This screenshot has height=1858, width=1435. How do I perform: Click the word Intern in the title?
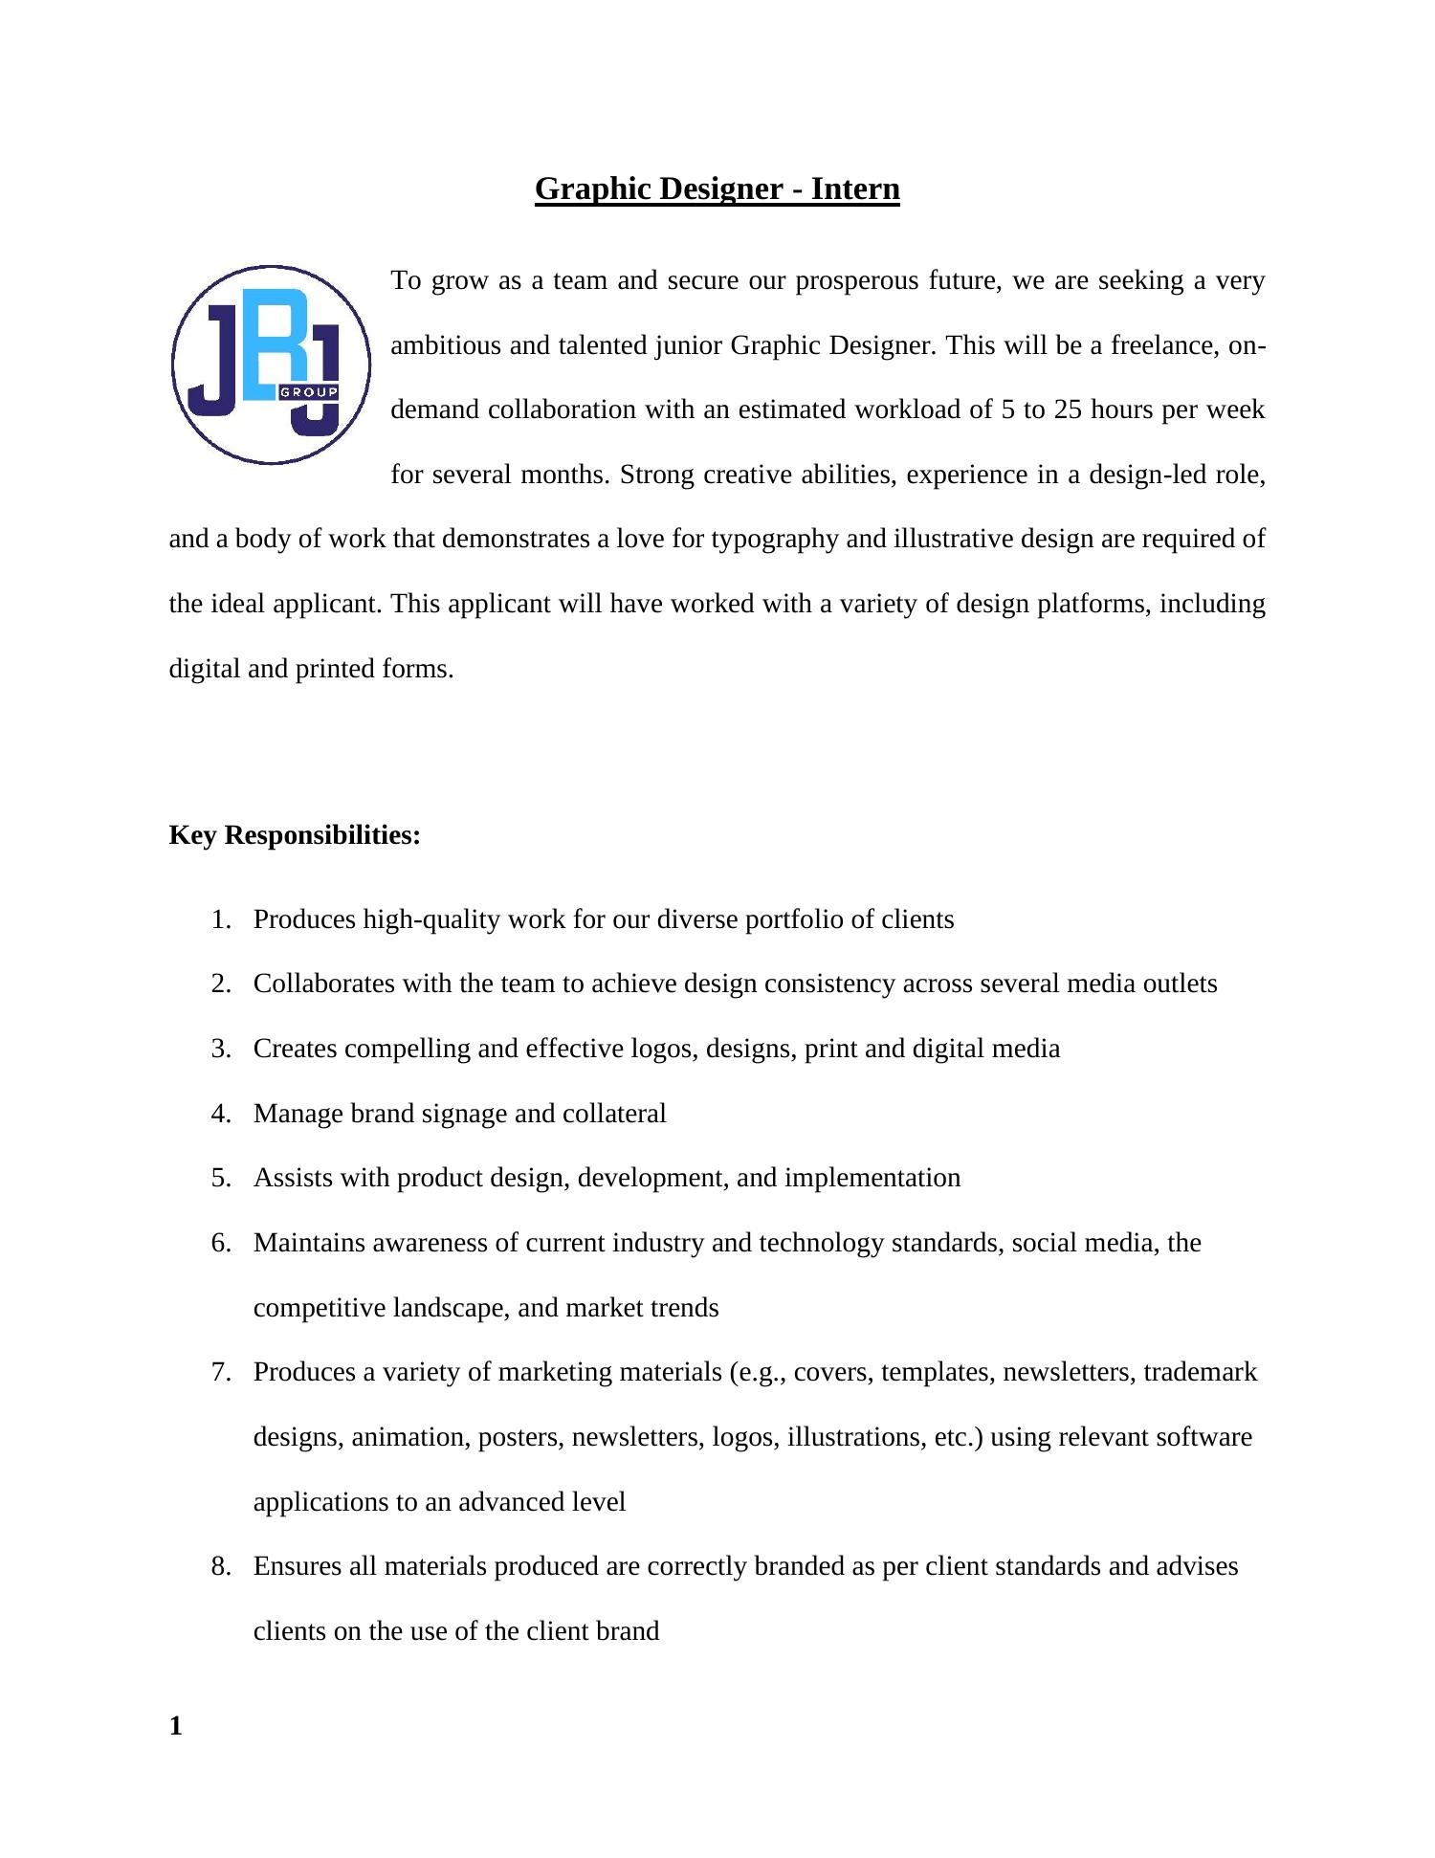point(855,188)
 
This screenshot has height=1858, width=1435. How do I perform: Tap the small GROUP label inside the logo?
point(308,393)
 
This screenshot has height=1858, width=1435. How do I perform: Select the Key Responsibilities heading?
point(295,835)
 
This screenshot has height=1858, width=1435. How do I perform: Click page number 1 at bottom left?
point(175,1726)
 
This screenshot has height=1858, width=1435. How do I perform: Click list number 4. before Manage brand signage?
point(221,1114)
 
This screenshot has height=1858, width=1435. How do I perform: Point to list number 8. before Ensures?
point(221,1566)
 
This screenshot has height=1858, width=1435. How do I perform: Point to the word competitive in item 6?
point(320,1308)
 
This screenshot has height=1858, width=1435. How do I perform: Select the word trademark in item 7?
point(1200,1372)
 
